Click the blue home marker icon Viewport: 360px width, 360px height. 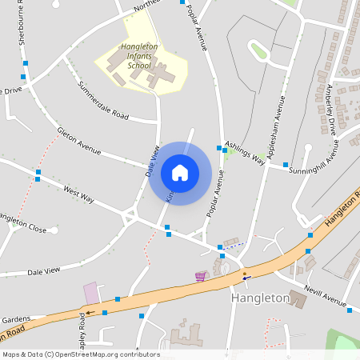[180, 173]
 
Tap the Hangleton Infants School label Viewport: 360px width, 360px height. [140, 56]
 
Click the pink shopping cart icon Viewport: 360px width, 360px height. [200, 276]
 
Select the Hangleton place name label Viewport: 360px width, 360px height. [260, 298]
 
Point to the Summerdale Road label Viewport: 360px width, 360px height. [102, 100]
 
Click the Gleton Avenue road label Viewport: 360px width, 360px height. [78, 139]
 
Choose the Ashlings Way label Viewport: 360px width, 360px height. [245, 152]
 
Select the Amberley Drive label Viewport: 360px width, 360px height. [330, 108]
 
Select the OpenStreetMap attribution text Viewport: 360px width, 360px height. [81, 354]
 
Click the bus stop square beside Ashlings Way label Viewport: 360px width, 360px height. [220, 147]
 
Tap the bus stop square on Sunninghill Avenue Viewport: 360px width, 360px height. [286, 164]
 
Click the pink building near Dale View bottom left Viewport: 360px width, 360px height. [92, 293]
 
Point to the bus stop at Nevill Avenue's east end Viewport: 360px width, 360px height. [349, 310]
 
